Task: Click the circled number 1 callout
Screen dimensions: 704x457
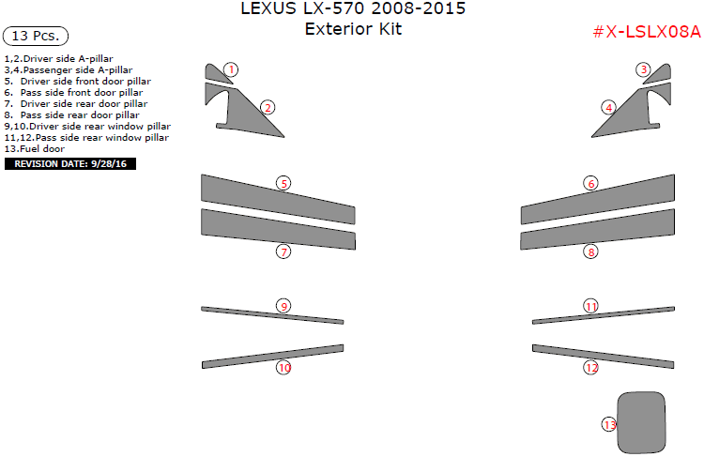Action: [231, 69]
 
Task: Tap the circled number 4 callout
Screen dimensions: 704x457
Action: [609, 108]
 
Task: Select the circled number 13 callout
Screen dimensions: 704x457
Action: [609, 425]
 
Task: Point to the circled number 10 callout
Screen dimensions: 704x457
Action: [283, 368]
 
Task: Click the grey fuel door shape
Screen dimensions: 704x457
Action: [641, 423]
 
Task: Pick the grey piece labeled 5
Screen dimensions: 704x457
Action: [278, 199]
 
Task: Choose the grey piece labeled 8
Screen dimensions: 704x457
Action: [598, 229]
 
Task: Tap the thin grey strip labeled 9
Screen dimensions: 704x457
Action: [272, 315]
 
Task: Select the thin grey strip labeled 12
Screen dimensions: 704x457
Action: [604, 357]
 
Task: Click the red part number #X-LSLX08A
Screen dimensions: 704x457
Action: [647, 32]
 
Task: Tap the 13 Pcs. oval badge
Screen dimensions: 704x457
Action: [36, 36]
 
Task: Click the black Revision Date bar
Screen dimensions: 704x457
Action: [70, 164]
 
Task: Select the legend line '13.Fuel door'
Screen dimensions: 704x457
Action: [35, 148]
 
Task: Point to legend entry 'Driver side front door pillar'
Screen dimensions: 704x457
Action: [85, 82]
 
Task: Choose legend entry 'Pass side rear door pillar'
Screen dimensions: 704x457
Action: [80, 114]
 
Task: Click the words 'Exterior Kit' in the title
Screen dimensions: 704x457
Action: [353, 29]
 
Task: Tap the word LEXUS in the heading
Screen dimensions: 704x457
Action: [268, 8]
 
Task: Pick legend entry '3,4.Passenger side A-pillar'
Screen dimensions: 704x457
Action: [69, 70]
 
